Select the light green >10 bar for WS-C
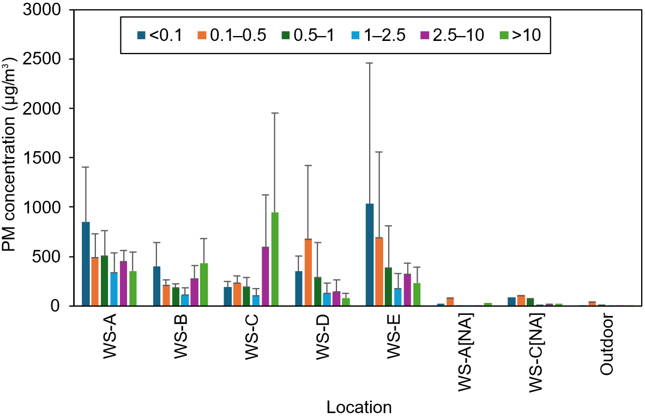[275, 259]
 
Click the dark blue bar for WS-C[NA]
[511, 301]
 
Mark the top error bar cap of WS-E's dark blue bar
[370, 63]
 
